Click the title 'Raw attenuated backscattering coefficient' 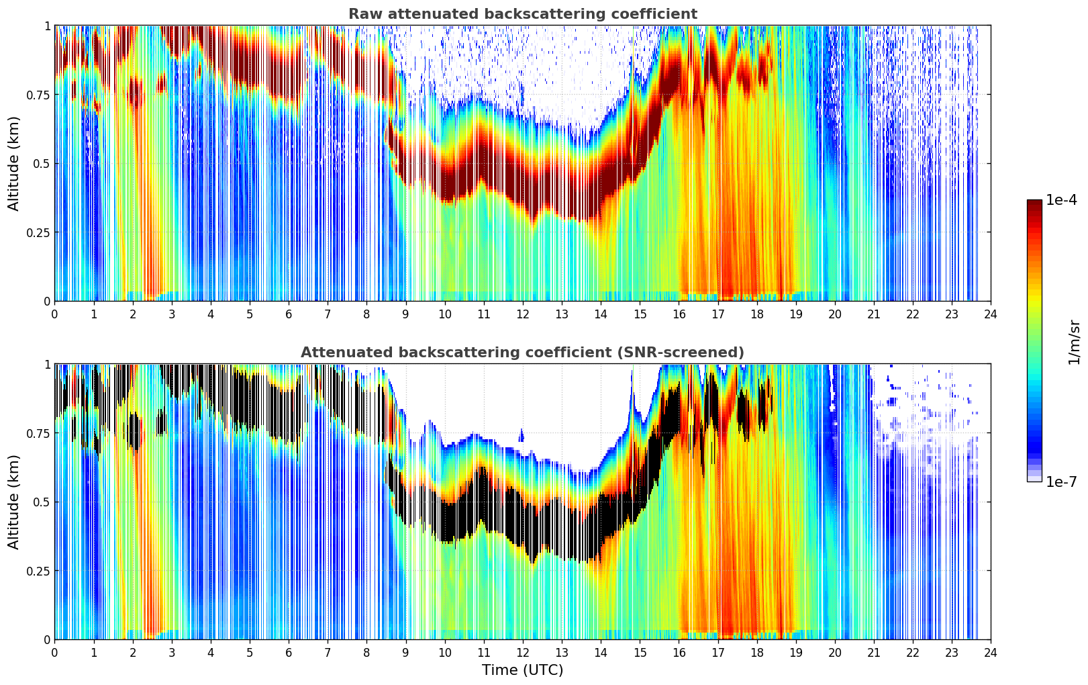click(x=522, y=14)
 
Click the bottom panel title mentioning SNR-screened click(x=522, y=353)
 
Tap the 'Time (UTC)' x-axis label click(x=522, y=670)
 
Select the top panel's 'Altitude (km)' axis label click(x=14, y=163)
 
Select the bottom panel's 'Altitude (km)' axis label click(x=14, y=502)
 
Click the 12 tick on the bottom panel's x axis click(x=522, y=652)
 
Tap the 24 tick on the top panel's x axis click(x=990, y=314)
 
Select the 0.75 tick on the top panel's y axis click(x=38, y=95)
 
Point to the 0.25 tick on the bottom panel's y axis click(x=38, y=571)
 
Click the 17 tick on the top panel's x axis click(x=718, y=314)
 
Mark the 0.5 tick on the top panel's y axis click(x=42, y=163)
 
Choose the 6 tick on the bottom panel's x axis click(x=289, y=652)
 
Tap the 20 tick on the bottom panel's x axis click(x=834, y=652)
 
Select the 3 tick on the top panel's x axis click(x=172, y=314)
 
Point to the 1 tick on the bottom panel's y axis click(x=47, y=365)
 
